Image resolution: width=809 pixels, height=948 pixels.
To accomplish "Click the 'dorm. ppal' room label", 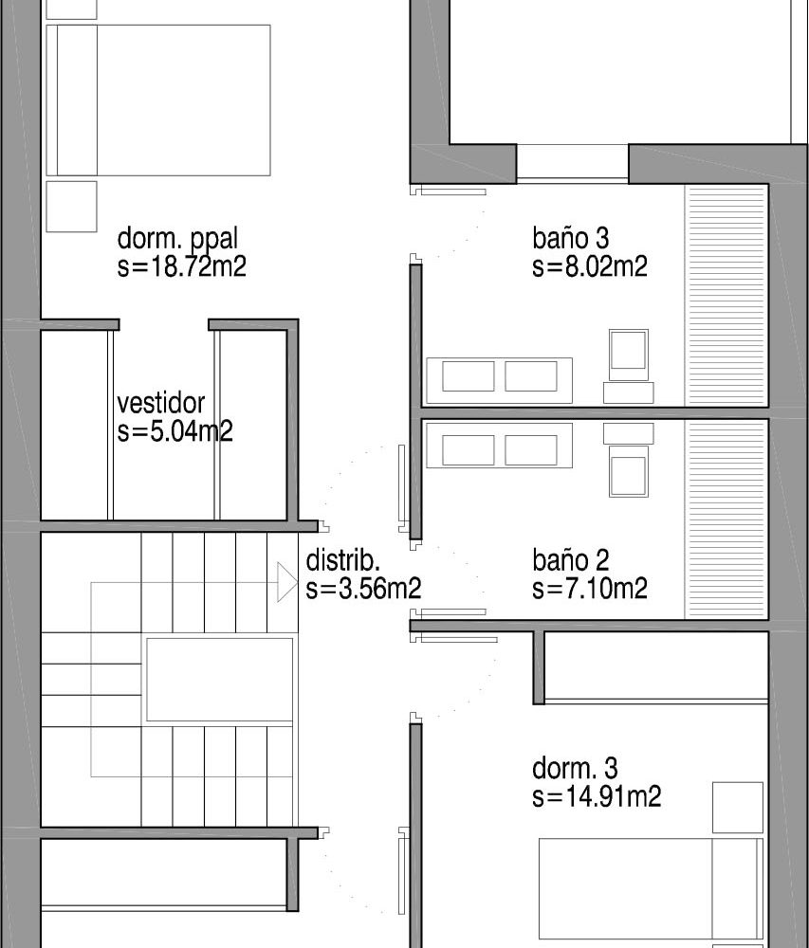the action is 177,240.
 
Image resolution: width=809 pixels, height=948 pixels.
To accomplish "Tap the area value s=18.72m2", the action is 182,266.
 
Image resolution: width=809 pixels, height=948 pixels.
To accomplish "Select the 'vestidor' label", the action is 161,403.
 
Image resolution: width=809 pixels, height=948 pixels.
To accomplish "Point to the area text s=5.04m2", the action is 175,431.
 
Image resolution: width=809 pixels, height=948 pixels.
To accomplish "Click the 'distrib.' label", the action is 342,560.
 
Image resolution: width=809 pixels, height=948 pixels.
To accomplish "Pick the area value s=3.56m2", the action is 363,589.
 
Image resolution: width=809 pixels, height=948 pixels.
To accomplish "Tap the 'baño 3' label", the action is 570,238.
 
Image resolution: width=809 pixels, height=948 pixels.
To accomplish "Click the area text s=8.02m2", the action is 590,266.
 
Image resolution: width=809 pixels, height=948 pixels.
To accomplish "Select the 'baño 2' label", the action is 570,560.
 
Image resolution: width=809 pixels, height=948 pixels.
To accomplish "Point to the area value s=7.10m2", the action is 590,589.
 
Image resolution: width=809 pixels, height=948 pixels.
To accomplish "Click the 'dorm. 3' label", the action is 575,769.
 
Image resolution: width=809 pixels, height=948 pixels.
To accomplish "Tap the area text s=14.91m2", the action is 597,797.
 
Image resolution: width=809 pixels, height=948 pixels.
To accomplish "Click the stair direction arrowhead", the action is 287,582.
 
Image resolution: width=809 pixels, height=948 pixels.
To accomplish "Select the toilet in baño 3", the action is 628,366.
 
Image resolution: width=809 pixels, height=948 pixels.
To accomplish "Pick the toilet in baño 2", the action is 628,460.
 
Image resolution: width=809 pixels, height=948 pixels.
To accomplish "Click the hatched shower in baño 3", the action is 726,296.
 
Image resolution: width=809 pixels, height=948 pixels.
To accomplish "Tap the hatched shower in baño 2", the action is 726,520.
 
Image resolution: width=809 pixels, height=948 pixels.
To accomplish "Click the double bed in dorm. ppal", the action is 157,100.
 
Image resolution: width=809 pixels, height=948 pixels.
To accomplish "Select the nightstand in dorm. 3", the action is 737,807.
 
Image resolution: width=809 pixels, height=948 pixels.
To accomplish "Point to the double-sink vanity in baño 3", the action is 499,380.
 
